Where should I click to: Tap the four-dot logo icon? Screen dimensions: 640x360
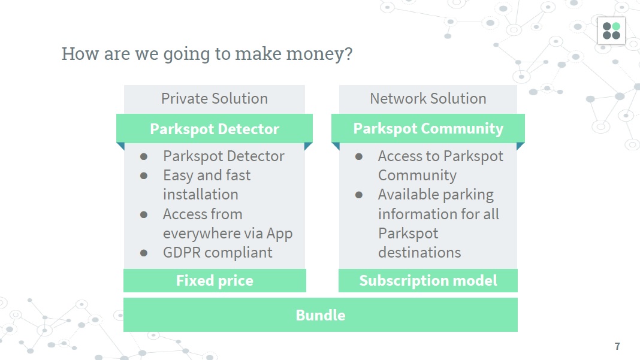[x=611, y=31]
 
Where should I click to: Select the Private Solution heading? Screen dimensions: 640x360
[x=215, y=98]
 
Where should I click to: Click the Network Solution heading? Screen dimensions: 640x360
[x=428, y=98]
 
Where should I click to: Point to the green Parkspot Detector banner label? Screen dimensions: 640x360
[x=215, y=129]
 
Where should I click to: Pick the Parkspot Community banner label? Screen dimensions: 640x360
[x=428, y=129]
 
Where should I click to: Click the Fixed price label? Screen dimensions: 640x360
[x=215, y=280]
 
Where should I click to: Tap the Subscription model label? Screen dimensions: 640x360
[x=428, y=280]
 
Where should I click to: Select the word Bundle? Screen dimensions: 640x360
[x=321, y=315]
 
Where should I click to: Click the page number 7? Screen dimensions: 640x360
[x=617, y=346]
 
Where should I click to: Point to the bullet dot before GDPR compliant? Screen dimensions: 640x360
[x=144, y=253]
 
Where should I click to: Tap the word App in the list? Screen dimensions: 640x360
[x=280, y=234]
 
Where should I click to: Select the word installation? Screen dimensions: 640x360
[x=200, y=195]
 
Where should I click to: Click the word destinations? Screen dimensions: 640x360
[x=419, y=253]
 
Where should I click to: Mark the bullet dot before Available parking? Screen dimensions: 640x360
[x=359, y=195]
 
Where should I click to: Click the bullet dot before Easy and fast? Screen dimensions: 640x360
[x=144, y=176]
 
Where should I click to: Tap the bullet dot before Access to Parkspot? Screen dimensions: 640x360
[x=359, y=157]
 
